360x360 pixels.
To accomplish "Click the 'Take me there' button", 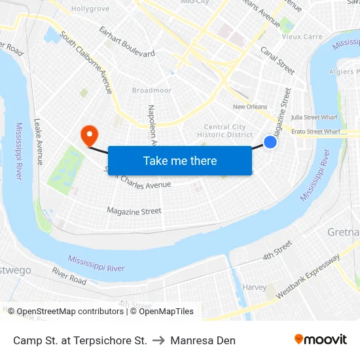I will [180, 160].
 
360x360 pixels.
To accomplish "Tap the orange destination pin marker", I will [88, 135].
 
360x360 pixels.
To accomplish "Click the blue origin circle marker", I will [270, 141].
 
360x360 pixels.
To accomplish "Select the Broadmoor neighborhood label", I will [151, 90].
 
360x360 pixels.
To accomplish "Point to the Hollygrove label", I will [90, 9].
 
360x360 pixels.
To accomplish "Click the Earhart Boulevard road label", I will [126, 41].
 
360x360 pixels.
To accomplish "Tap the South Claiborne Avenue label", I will [86, 62].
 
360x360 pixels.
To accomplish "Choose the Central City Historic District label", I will [225, 131].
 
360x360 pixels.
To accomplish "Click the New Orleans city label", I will [250, 107].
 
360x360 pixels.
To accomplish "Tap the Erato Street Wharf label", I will [317, 132].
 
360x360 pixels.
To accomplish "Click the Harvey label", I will [254, 287].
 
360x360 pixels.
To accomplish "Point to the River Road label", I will [69, 276].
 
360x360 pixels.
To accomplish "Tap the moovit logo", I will [321, 340].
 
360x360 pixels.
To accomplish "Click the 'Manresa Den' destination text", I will [203, 340].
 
